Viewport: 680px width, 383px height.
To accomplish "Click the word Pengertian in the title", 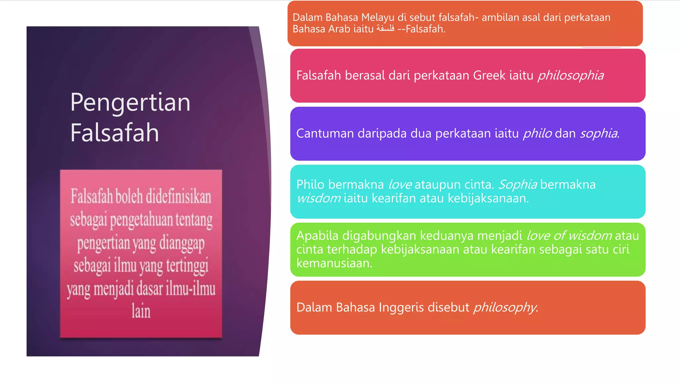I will pos(130,103).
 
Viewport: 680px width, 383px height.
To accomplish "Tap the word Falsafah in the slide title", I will pos(115,133).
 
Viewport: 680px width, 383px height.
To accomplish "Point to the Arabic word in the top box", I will pos(385,29).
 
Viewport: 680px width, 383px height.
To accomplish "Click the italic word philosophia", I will pos(570,75).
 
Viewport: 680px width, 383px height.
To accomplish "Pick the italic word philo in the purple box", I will pos(537,133).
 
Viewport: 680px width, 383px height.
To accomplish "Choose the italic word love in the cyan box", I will pos(400,184).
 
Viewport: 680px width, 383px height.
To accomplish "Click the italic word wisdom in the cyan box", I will pos(318,198).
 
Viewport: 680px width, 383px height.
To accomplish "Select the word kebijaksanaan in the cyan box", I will pos(487,198).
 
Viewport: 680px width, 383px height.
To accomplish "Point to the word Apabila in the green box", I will pos(317,235).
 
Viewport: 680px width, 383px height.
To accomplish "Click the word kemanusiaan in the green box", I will pos(334,263).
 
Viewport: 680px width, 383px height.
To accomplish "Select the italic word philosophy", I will pos(505,307).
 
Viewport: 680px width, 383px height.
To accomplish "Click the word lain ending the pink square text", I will pos(141,311).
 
